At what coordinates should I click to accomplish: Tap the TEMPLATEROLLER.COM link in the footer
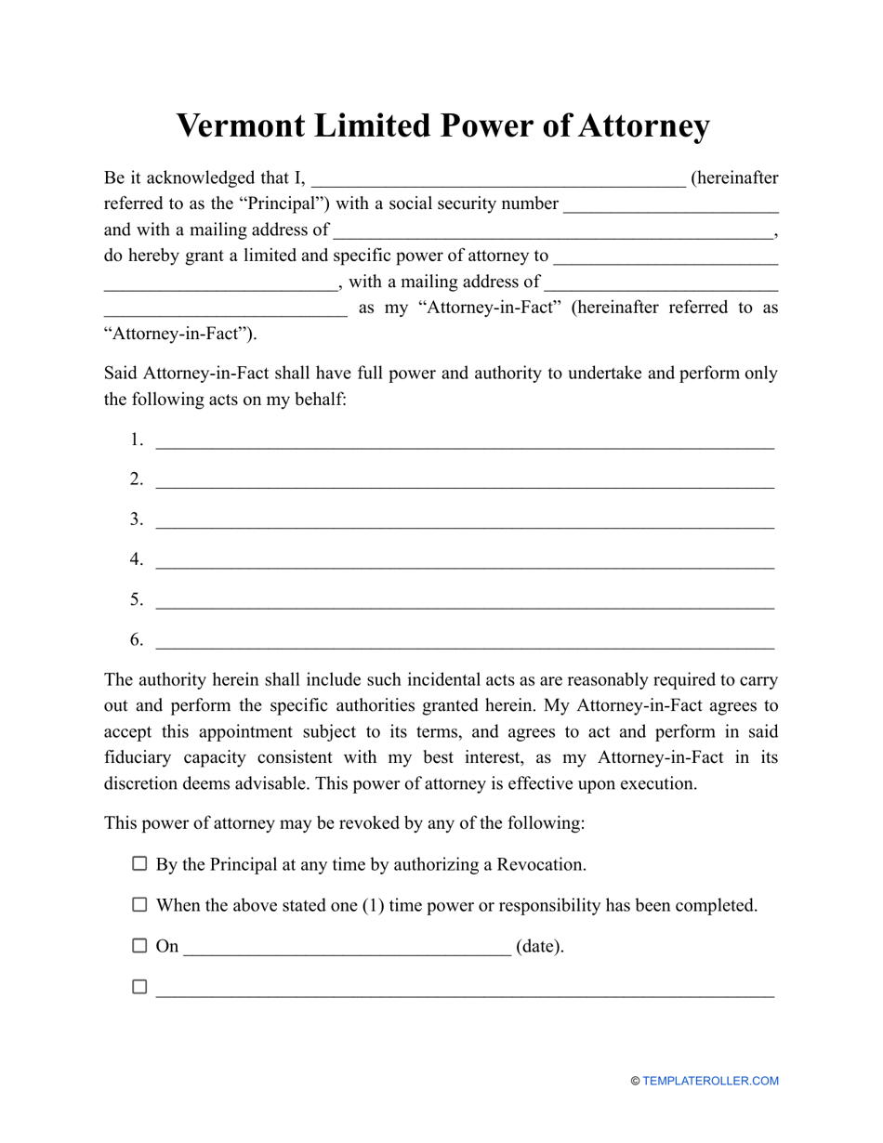[710, 1081]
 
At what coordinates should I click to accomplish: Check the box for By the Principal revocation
[139, 863]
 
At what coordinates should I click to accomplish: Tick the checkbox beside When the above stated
[139, 904]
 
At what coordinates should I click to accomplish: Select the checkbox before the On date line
[139, 946]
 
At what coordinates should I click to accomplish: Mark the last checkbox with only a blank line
[139, 987]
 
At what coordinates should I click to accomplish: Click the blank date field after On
[347, 949]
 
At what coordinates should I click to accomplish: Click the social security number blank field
[671, 206]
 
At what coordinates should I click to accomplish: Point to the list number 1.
[136, 440]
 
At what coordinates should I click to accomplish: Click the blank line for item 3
[464, 521]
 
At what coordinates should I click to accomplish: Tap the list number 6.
[136, 639]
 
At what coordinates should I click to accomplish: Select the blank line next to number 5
[464, 601]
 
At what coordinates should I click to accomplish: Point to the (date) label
[540, 947]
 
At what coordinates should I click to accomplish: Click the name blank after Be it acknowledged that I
[499, 180]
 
